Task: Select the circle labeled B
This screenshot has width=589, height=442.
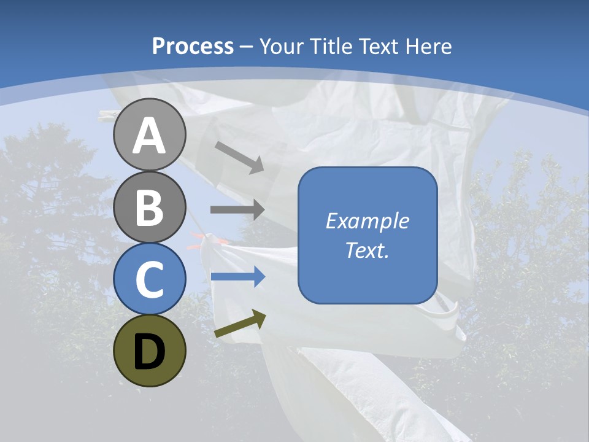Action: coord(149,207)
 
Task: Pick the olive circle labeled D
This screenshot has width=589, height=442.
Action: coord(149,351)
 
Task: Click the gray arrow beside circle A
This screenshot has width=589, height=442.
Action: coord(239,157)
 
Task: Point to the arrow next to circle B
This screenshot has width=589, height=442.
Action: coord(237,209)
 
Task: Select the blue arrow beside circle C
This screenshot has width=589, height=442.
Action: coord(238,277)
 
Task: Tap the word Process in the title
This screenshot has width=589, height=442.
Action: coord(193,47)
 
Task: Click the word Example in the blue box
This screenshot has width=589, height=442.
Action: coord(367,221)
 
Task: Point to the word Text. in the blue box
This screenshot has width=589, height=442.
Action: coord(367,250)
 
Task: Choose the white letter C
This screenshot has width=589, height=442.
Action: coord(149,279)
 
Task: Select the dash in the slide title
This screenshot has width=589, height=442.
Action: coord(247,47)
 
